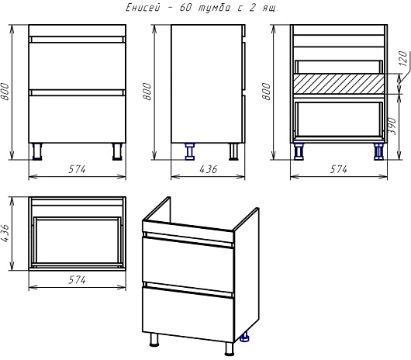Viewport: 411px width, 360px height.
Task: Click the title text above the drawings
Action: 202,8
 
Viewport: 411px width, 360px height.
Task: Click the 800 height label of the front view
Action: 5,92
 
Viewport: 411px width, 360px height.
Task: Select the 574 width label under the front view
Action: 77,169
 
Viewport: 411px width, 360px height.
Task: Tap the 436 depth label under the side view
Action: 209,169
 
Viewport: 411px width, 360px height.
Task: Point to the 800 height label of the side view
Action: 147,92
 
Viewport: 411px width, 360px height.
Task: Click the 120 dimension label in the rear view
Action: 403,58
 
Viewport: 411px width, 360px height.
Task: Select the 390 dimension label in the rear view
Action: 392,126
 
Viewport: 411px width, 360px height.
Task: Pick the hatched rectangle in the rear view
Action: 338,84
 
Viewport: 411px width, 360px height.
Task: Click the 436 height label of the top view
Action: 5,233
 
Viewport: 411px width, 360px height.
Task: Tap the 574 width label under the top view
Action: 77,280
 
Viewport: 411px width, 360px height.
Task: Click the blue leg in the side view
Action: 190,151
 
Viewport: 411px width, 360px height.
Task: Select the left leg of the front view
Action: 37,151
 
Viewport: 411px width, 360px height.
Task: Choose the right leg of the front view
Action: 117,151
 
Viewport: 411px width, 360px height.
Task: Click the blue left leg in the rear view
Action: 299,151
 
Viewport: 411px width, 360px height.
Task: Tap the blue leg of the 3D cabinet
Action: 245,337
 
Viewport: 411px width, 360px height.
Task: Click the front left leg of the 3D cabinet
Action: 154,340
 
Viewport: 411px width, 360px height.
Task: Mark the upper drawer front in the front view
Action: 77,66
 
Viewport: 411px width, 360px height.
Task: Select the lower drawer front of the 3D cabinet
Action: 188,314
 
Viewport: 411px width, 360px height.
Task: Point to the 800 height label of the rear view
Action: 266,92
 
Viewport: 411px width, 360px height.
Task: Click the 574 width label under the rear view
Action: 339,169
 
